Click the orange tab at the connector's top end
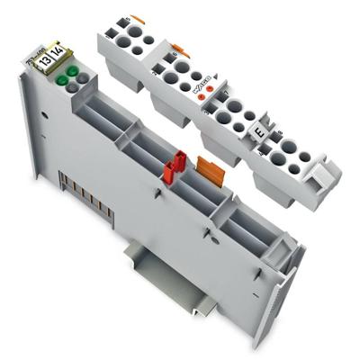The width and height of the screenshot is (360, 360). click(x=138, y=18)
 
